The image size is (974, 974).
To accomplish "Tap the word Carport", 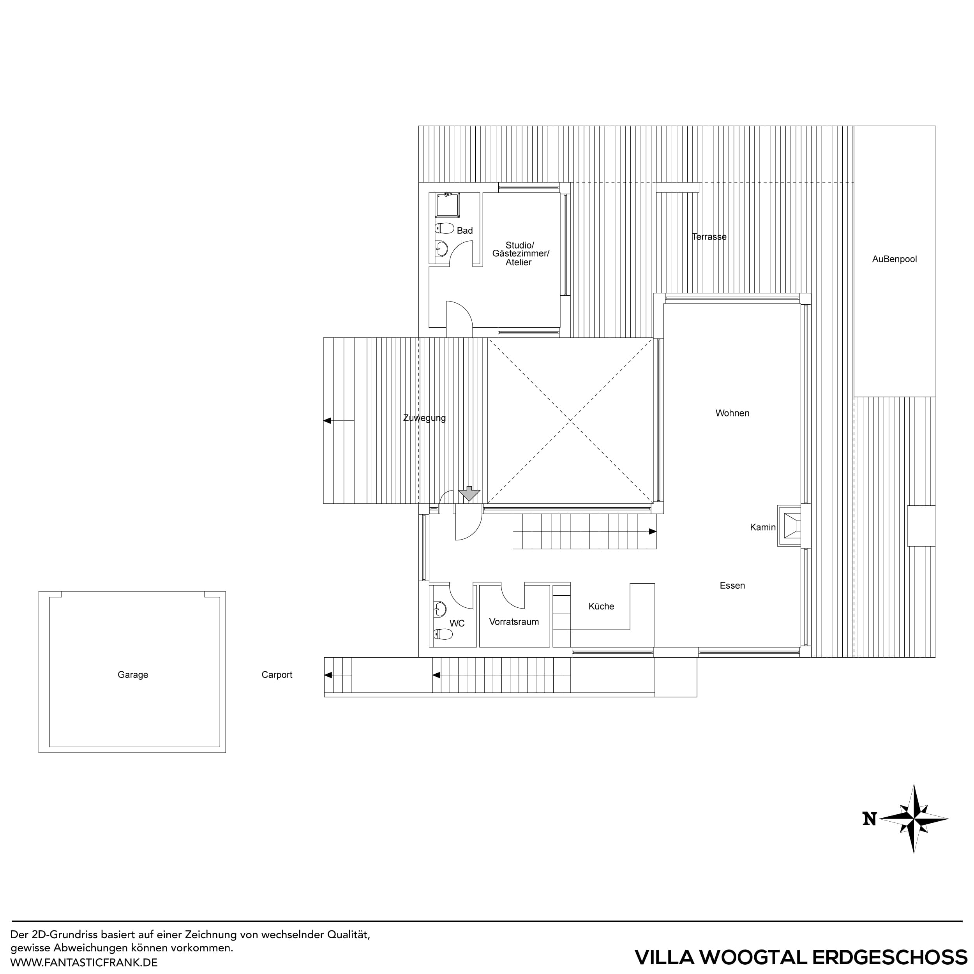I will (x=277, y=674).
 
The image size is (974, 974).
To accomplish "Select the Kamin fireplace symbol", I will (x=789, y=526).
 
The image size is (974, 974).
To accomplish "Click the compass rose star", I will (x=914, y=819).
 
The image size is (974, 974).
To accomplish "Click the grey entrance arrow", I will (x=469, y=494).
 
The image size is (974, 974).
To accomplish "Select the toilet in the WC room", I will (x=444, y=634).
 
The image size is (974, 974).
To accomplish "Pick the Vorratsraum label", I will (x=514, y=621).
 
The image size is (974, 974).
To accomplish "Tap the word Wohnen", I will (x=732, y=413).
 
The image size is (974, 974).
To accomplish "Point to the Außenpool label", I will (x=895, y=259).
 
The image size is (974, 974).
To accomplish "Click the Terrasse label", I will (x=709, y=236).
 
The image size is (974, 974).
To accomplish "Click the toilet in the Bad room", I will (x=444, y=228).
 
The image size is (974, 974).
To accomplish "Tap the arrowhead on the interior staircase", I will (x=652, y=531).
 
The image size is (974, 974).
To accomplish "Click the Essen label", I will (x=732, y=585).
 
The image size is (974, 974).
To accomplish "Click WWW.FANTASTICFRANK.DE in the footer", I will (x=84, y=962).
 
